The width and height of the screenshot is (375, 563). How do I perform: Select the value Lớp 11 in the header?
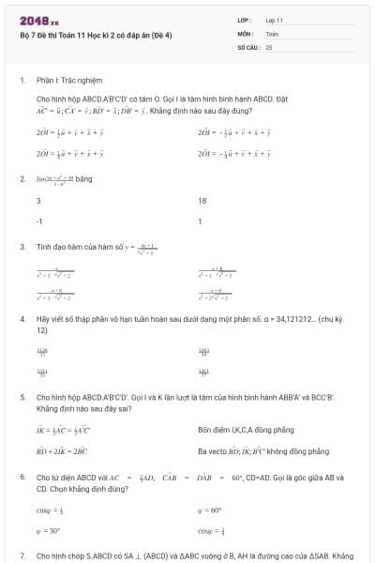coord(275,20)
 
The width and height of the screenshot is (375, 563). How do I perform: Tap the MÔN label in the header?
coord(246,33)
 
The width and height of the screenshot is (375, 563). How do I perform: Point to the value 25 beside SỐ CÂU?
coord(269,46)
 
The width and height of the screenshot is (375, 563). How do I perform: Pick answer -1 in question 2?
coord(39,222)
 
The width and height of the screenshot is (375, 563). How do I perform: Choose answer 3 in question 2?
coord(38,201)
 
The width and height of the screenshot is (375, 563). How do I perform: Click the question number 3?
coord(22,247)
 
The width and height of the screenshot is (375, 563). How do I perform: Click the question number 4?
coord(22,319)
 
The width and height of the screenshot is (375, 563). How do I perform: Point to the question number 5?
coord(22,397)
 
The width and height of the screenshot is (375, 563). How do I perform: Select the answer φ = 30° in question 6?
coord(48,530)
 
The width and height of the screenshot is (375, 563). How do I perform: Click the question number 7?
coord(22,555)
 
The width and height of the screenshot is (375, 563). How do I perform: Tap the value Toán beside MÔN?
coord(272,33)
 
